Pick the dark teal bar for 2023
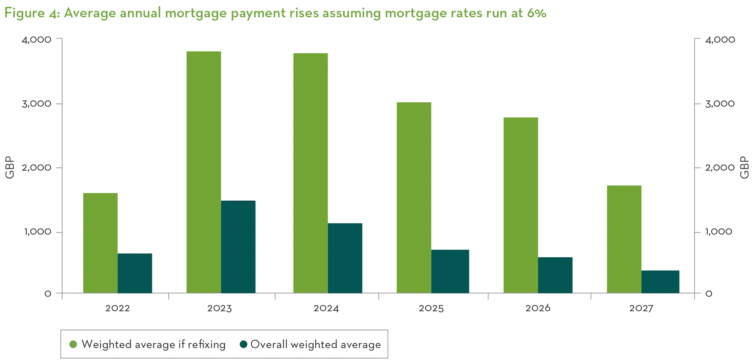pyautogui.click(x=238, y=247)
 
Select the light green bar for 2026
pyautogui.click(x=521, y=204)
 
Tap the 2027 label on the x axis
pyautogui.click(x=640, y=308)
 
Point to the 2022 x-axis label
pyautogui.click(x=116, y=308)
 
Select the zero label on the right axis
pyautogui.click(x=708, y=293)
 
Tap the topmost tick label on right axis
pyautogui.click(x=720, y=40)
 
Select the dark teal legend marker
pyautogui.click(x=243, y=345)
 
